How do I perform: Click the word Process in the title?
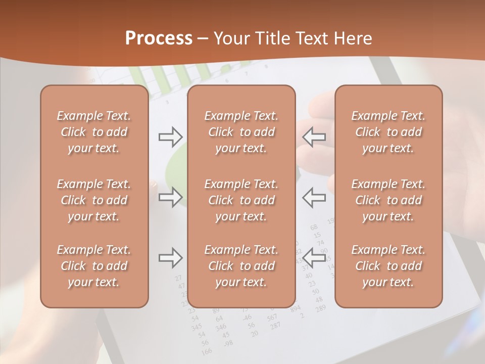pyautogui.click(x=159, y=38)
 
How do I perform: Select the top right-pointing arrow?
pyautogui.click(x=170, y=136)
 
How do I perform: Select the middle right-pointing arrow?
pyautogui.click(x=170, y=197)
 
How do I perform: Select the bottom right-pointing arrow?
pyautogui.click(x=170, y=258)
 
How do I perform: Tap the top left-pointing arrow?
pyautogui.click(x=314, y=136)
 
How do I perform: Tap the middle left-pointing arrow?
pyautogui.click(x=314, y=197)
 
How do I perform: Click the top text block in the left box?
pyautogui.click(x=94, y=132)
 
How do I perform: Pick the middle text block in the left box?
pyautogui.click(x=94, y=200)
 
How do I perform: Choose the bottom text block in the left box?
pyautogui.click(x=94, y=266)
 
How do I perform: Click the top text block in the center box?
pyautogui.click(x=241, y=132)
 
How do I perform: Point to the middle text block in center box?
pyautogui.click(x=241, y=200)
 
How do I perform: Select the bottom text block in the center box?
pyautogui.click(x=241, y=266)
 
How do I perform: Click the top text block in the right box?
pyautogui.click(x=389, y=132)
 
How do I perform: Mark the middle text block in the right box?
pyautogui.click(x=389, y=200)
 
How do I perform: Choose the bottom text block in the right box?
pyautogui.click(x=389, y=266)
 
